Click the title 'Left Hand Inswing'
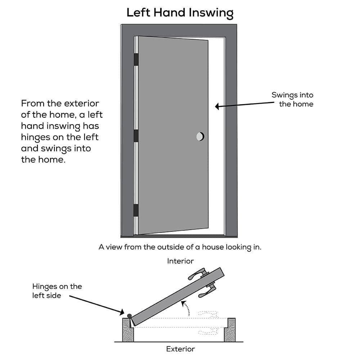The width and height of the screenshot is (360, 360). coord(180,13)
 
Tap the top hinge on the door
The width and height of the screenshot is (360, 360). coord(136,59)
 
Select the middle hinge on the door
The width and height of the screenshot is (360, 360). coord(136,136)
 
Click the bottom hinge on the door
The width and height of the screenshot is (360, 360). coord(136,210)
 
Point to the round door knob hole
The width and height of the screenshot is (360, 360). coord(200,136)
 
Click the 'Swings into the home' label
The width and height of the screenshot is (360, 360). coord(292,100)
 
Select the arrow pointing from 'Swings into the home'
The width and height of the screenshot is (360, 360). coord(245,105)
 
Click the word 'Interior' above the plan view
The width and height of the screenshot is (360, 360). coord(180,261)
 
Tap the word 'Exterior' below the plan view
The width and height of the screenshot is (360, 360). coord(180,349)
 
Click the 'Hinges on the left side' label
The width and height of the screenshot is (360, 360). coord(57,291)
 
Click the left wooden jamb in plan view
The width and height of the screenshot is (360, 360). coord(128,330)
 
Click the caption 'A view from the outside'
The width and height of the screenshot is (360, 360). coord(180,247)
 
